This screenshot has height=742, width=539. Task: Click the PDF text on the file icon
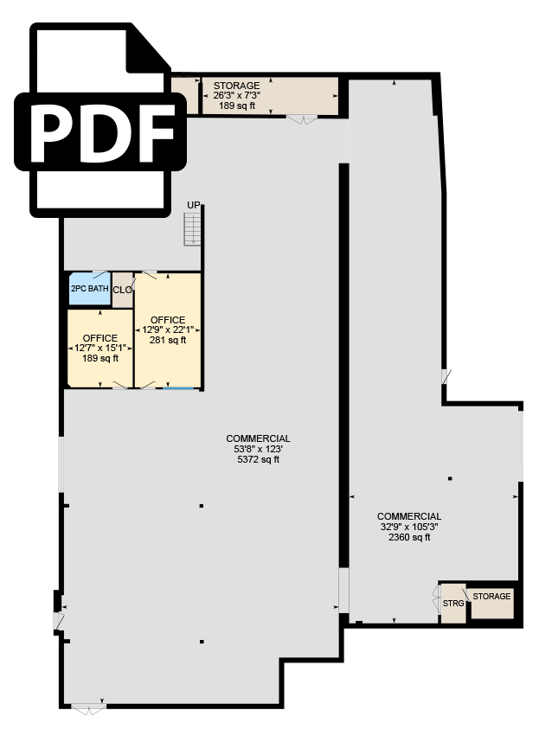(100, 131)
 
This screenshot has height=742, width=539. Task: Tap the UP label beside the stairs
(194, 205)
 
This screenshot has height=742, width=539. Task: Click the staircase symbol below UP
(192, 229)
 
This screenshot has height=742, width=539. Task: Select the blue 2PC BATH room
(90, 289)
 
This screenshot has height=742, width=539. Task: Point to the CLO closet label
(123, 290)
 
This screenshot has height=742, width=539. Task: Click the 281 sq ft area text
(168, 340)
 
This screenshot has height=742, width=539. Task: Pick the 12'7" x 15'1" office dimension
(100, 349)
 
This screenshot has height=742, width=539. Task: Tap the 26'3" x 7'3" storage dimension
(236, 96)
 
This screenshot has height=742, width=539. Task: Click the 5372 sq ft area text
(259, 459)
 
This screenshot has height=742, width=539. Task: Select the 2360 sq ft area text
(409, 537)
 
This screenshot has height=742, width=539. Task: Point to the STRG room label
(453, 604)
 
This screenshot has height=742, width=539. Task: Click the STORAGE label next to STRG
(491, 596)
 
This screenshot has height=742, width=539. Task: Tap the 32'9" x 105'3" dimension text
(409, 527)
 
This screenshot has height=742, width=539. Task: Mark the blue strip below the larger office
(178, 388)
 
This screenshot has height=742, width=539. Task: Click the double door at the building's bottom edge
(88, 709)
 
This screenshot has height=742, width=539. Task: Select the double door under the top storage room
(303, 119)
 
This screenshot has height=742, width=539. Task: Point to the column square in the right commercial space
(450, 479)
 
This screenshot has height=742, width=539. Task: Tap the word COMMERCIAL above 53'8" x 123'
(258, 438)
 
